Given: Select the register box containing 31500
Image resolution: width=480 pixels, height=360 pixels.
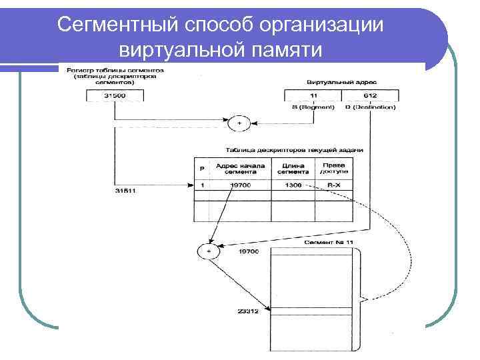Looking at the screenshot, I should (115, 96).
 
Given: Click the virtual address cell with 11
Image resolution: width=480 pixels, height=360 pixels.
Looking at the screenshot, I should (313, 96).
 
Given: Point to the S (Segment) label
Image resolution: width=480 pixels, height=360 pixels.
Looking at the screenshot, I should (313, 107).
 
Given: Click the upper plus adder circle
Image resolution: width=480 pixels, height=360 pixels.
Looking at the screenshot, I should (238, 123).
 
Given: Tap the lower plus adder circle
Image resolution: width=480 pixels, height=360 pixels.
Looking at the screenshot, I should (209, 251).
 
